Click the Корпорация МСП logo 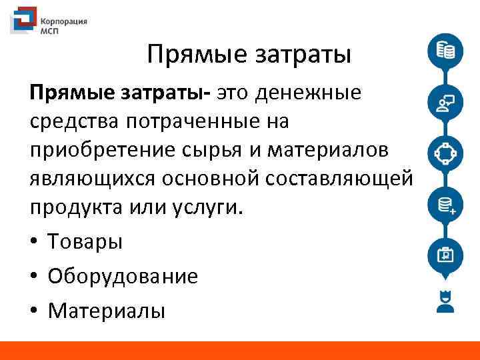click(49, 25)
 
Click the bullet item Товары click(85, 241)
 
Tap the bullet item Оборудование click(123, 276)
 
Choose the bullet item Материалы click(107, 310)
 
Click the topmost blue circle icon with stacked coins click(445, 51)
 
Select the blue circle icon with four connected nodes click(445, 153)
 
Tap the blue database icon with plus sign click(445, 203)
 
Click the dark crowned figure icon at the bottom click(445, 301)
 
